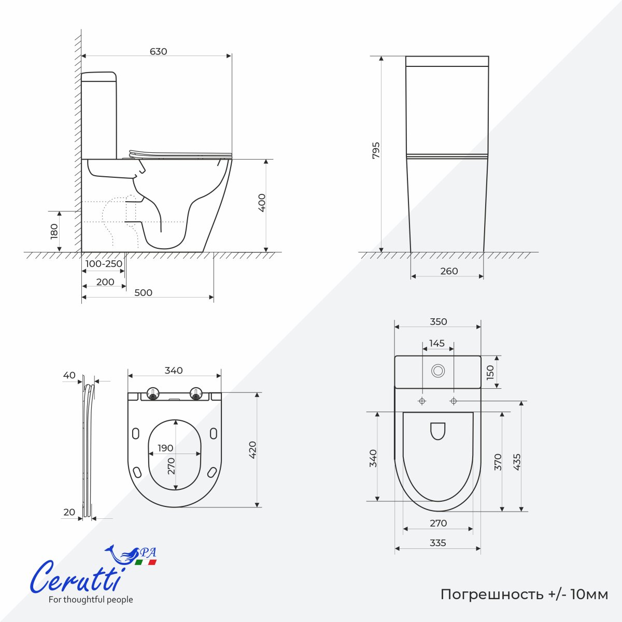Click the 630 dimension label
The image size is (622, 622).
[x=158, y=51]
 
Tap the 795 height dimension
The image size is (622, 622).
[x=376, y=150]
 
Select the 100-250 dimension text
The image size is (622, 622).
[x=104, y=264]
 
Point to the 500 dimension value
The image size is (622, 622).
[x=143, y=292]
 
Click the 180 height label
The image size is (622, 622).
[x=54, y=231]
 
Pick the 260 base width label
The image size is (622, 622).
[x=449, y=271]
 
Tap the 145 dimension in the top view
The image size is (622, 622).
[x=437, y=343]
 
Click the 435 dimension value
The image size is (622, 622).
[x=517, y=462]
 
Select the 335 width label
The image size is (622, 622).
[x=437, y=543]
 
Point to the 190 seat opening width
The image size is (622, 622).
[x=165, y=448]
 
